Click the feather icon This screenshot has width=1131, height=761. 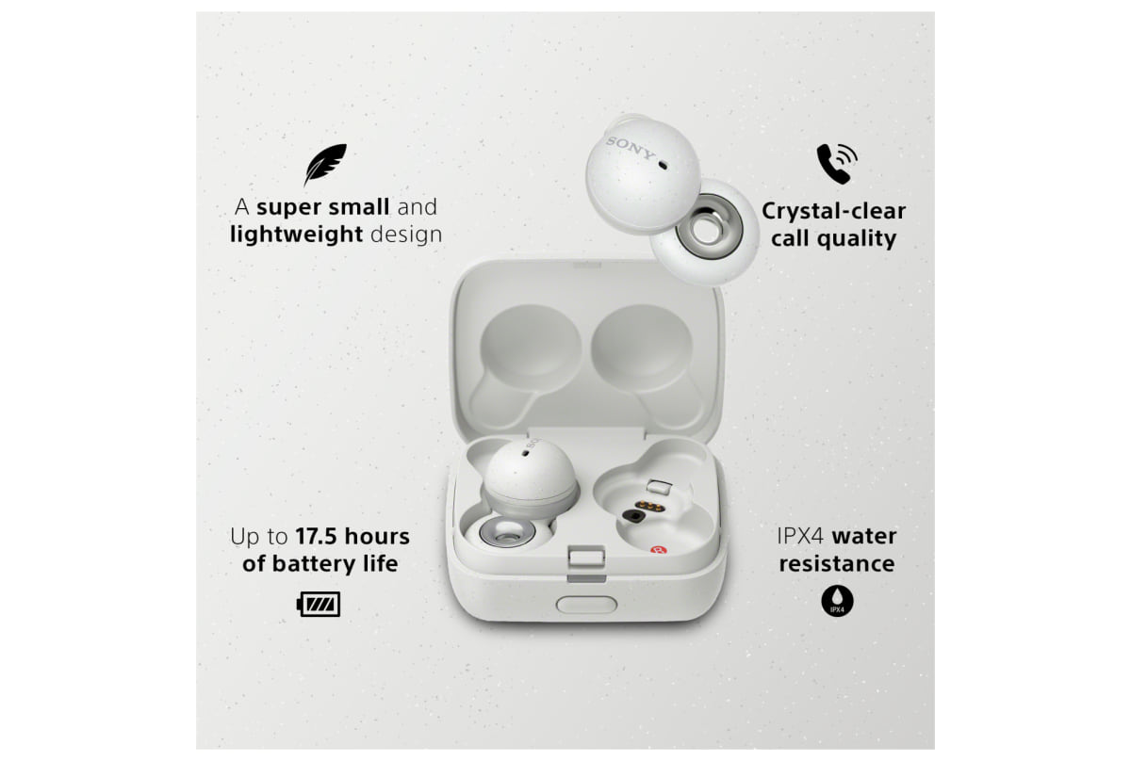[x=326, y=165]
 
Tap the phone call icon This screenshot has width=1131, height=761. [x=837, y=164]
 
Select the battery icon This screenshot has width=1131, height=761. [x=319, y=604]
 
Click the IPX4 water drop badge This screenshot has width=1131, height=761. [x=837, y=601]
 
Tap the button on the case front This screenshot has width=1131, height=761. [x=586, y=605]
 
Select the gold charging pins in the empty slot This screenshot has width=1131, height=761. [x=647, y=506]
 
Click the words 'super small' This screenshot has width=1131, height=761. [x=323, y=207]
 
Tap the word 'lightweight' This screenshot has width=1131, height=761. [x=296, y=235]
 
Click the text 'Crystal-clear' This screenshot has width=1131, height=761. [x=833, y=211]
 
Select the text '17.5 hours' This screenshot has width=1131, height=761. [x=352, y=537]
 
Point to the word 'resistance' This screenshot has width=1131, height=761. [x=837, y=563]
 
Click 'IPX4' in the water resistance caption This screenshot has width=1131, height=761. [x=800, y=537]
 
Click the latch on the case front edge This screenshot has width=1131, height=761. [x=586, y=563]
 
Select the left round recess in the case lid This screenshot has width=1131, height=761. [x=530, y=348]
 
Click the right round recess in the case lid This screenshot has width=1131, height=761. [x=642, y=348]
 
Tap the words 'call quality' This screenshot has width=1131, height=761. [x=833, y=238]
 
